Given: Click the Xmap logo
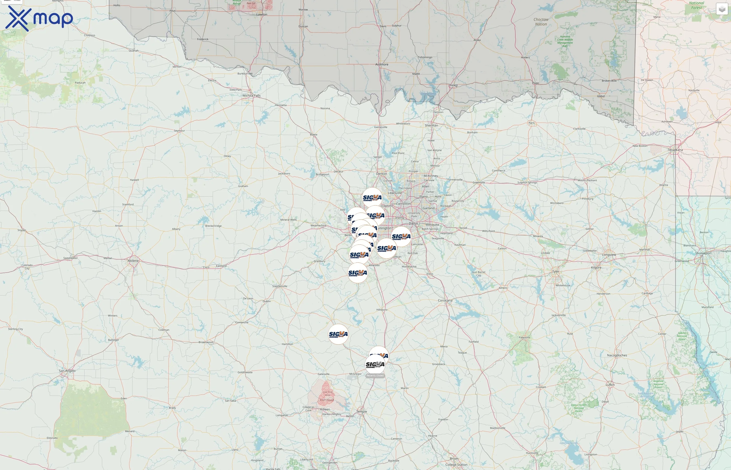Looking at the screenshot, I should (x=39, y=18).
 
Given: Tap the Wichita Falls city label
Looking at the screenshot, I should (x=251, y=96).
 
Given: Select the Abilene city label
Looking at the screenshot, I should (x=133, y=261).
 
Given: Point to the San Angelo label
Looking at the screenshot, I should (x=67, y=371).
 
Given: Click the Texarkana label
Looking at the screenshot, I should (x=675, y=150).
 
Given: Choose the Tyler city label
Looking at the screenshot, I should (x=556, y=271).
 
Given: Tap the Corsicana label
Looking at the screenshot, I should (x=445, y=300).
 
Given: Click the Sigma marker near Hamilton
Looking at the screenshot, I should (x=338, y=334).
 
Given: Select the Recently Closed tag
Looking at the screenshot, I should (x=375, y=376).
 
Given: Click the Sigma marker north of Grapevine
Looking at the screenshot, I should (x=372, y=197).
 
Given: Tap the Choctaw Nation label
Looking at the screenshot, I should (x=541, y=22).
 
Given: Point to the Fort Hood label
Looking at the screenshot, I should (x=327, y=400).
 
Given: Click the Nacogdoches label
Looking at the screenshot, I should (x=617, y=355).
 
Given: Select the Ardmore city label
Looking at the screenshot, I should (x=382, y=64).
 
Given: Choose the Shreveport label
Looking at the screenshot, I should (x=703, y=253).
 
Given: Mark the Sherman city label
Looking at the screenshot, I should (x=431, y=125).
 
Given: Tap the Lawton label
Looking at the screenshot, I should (x=262, y=14).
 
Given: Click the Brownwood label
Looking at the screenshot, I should (x=206, y=342).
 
